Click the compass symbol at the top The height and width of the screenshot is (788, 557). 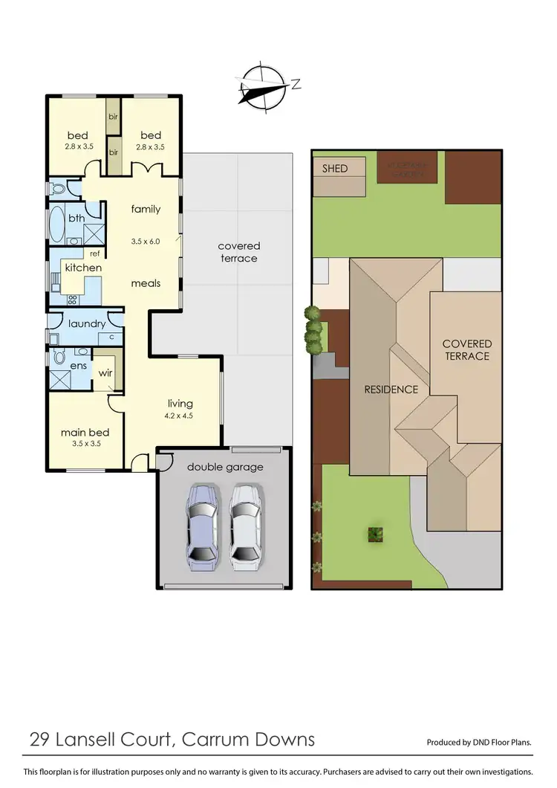click(264, 88)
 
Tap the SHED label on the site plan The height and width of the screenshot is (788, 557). click(334, 169)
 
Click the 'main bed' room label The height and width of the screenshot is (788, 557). click(85, 432)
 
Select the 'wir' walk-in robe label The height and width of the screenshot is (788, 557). click(105, 372)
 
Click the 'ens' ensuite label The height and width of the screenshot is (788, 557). click(78, 366)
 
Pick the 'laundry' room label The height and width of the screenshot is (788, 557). click(87, 323)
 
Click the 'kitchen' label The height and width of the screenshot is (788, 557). click(83, 268)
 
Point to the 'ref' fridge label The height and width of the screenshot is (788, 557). click(95, 253)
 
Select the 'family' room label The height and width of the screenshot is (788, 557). click(146, 209)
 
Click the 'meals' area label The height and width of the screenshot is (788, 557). click(146, 283)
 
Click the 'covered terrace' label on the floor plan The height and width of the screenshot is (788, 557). click(238, 252)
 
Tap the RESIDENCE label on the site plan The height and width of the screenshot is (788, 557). click(391, 390)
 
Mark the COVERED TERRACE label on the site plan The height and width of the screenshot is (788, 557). click(467, 349)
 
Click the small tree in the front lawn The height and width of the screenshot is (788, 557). click(376, 533)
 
